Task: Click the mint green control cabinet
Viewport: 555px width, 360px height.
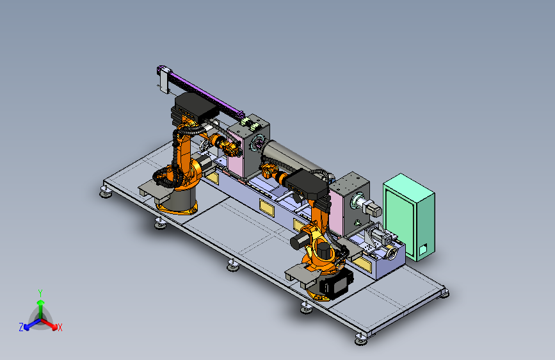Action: click(x=409, y=217)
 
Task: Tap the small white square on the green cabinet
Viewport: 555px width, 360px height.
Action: click(x=422, y=249)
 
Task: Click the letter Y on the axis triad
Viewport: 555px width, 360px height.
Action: click(x=40, y=293)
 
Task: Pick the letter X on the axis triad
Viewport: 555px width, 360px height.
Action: click(x=60, y=327)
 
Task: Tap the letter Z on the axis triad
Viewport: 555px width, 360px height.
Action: click(x=21, y=327)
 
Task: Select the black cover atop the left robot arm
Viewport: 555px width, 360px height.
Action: click(x=195, y=106)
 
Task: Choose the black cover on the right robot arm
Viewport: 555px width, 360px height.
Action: click(x=307, y=184)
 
